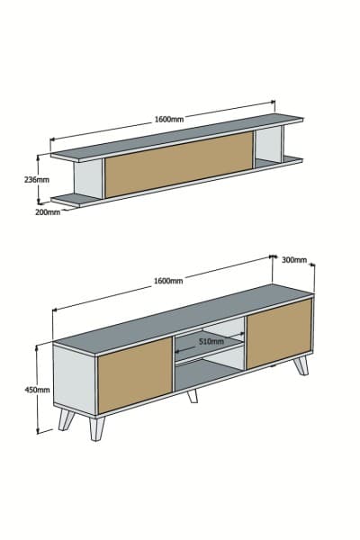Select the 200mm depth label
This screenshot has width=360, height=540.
pos(49,212)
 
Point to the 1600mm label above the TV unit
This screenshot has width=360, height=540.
pos(168,281)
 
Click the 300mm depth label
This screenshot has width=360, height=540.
pos(294,259)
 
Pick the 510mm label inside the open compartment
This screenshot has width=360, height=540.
pos(211,342)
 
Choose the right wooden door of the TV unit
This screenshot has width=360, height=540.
pos(279,332)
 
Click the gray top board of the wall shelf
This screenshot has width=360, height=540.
pos(180,135)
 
